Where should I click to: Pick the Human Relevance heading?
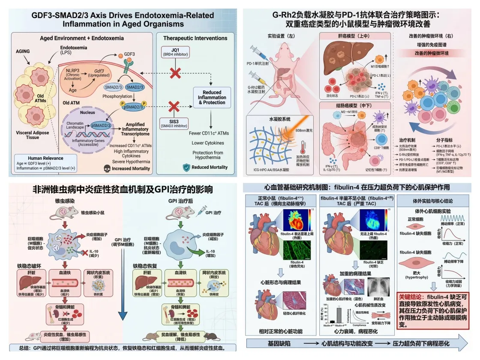point(40,158)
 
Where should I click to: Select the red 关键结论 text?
point(411,296)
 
